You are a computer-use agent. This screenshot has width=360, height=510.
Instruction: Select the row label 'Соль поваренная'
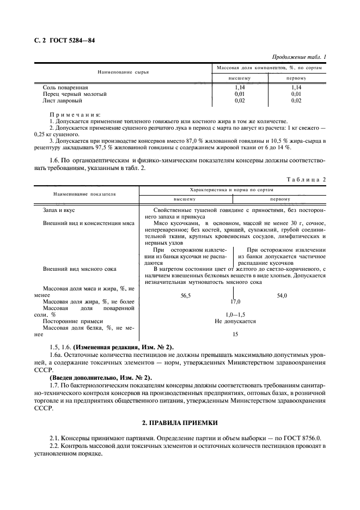point(65,87)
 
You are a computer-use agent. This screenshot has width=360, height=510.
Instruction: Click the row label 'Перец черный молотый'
point(75,94)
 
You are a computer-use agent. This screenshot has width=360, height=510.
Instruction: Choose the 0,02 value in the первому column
point(296,100)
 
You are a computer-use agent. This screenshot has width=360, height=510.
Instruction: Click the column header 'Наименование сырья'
point(123,72)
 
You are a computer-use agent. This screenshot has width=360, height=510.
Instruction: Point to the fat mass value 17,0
point(235,301)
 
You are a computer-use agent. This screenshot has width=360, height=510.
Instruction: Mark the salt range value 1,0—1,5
point(235,314)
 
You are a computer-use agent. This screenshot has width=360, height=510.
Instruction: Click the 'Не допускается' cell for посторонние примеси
point(235,321)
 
